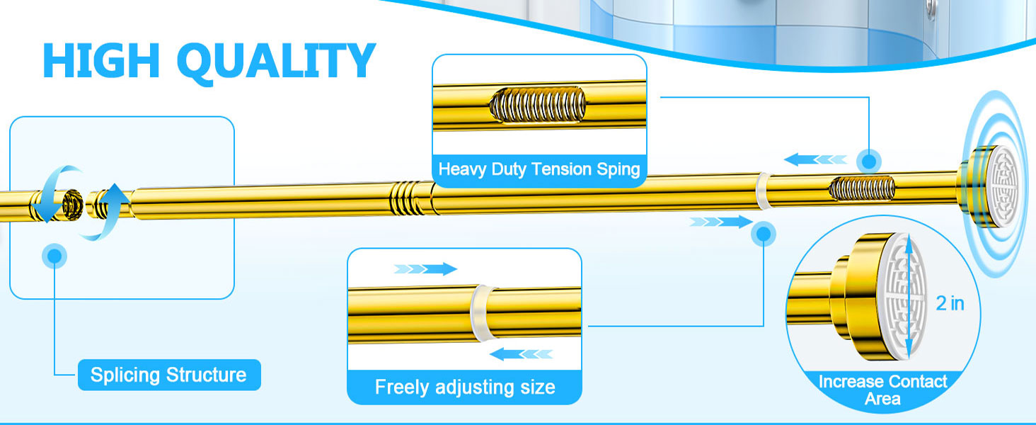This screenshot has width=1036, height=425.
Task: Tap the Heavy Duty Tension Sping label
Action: click(539, 170)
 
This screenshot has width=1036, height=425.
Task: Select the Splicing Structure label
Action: click(168, 375)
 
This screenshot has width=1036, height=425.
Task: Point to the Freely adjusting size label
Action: click(464, 387)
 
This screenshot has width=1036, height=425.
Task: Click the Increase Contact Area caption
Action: click(882, 390)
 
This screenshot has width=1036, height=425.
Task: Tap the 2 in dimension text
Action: click(950, 304)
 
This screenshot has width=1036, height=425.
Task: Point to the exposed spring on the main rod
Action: click(862, 189)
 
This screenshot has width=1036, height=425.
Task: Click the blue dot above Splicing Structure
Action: click(55, 256)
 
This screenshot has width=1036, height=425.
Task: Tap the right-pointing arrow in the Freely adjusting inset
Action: click(426, 268)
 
